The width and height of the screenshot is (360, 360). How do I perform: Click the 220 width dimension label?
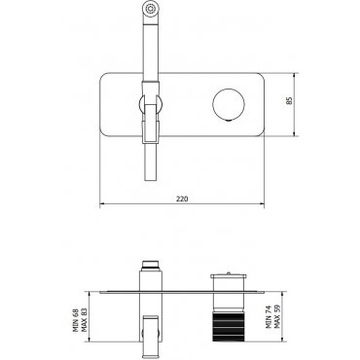pos(182,198)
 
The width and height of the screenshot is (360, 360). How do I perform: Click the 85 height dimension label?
pos(290,100)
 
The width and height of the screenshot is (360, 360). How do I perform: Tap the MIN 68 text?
pos(76,321)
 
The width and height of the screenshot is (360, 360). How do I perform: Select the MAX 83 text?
pos(85,320)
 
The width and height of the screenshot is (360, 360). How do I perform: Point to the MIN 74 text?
pos(269,317)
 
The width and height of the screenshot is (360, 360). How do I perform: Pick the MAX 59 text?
pos(277,317)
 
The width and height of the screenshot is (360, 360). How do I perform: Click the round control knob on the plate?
pos(229,104)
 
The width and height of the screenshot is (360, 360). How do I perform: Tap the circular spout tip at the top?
pos(151,9)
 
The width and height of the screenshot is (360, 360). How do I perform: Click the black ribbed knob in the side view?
pos(229,327)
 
